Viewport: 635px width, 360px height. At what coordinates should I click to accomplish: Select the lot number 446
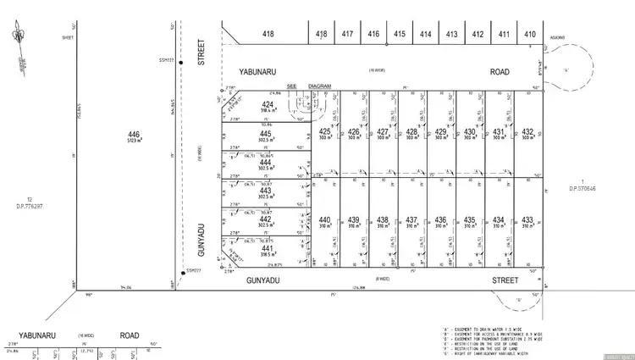(x=133, y=135)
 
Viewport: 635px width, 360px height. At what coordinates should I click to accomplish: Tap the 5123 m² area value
(x=133, y=141)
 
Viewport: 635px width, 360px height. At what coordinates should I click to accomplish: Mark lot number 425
(x=324, y=132)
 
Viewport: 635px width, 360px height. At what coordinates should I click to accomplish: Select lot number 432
(x=527, y=132)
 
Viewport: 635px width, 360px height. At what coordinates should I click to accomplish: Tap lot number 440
(x=324, y=220)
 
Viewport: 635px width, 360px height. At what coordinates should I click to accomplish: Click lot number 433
(x=527, y=220)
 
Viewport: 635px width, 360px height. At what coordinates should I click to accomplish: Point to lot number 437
(x=411, y=220)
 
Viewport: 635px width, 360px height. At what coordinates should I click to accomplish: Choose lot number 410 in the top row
(x=530, y=35)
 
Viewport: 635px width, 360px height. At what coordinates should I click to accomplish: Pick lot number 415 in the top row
(x=400, y=35)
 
